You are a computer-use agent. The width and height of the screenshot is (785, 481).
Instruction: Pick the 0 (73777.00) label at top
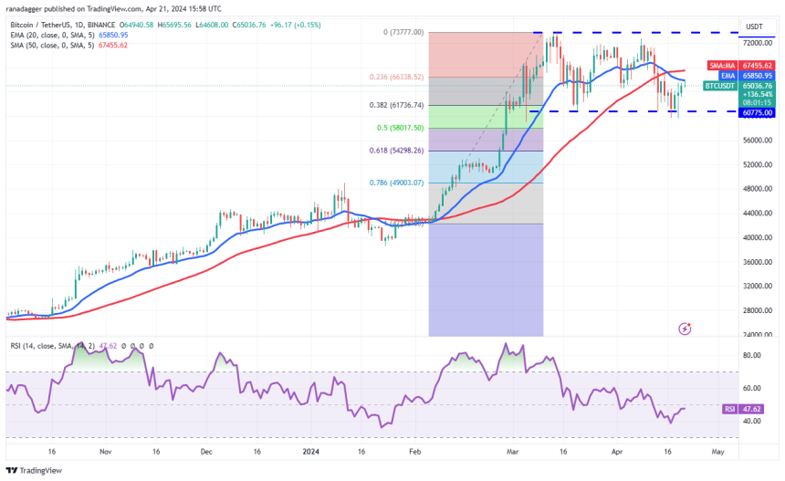pos(403,32)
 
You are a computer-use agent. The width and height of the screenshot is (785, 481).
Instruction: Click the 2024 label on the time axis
pos(311,451)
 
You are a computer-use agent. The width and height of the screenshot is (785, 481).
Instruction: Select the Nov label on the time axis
pos(106,451)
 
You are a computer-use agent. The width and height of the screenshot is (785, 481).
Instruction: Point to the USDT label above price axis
pos(754,26)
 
